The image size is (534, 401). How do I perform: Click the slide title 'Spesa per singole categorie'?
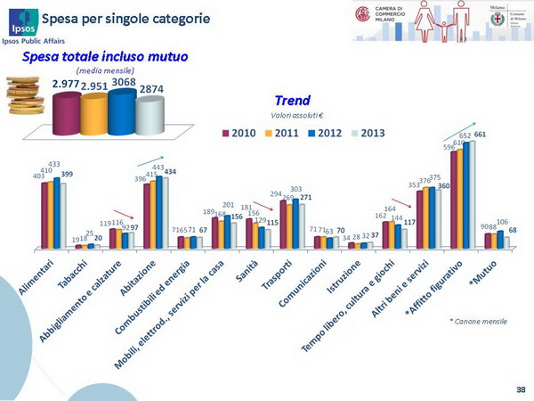point(133,18)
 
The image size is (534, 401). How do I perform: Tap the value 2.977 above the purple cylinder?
point(66,84)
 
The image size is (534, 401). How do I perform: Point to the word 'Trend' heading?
point(292,101)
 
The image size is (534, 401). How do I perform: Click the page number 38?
point(520,389)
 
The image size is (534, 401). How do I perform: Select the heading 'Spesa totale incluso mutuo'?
point(106,57)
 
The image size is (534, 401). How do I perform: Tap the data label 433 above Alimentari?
point(54,164)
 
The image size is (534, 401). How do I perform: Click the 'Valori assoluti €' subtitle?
point(291,116)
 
